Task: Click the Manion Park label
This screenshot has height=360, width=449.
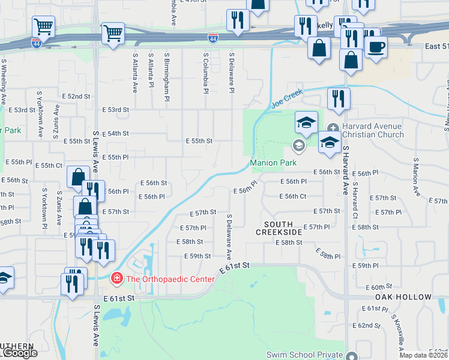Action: tap(273, 163)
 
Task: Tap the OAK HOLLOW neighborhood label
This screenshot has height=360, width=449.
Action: tap(403, 297)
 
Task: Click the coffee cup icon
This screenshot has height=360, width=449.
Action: tap(376, 47)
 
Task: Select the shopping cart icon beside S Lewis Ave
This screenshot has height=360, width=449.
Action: tap(113, 34)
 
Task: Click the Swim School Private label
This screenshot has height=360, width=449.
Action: tap(304, 355)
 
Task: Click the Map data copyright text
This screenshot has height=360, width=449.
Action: tap(424, 355)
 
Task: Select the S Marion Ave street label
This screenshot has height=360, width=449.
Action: tap(415, 178)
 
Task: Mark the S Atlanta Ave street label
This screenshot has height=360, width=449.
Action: tap(135, 73)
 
